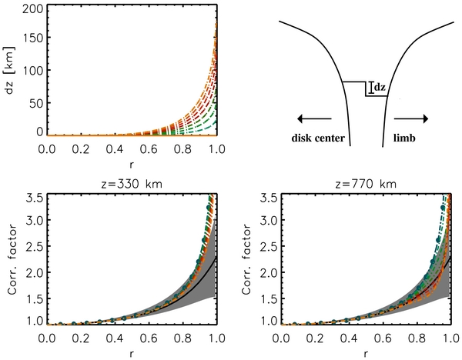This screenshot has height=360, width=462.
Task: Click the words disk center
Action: (319, 139)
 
